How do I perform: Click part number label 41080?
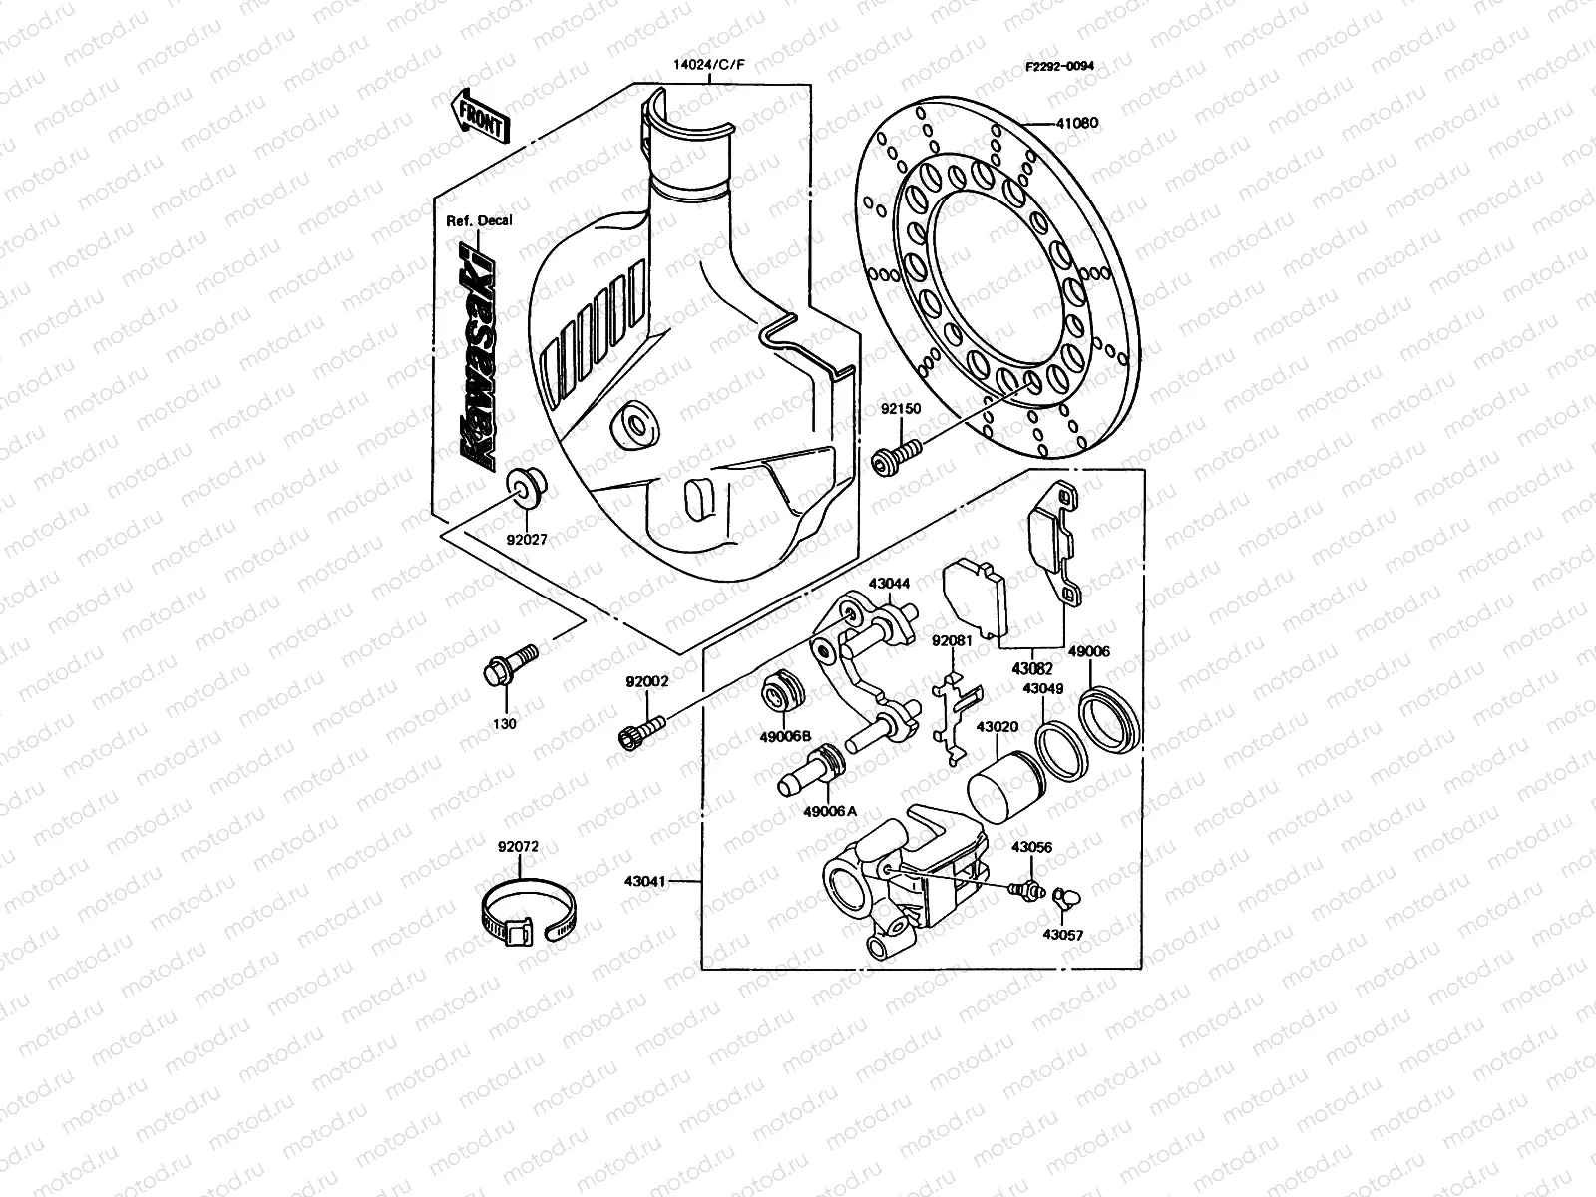(1076, 124)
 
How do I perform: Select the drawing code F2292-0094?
(1059, 66)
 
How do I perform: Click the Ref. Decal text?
(478, 220)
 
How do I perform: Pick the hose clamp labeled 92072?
(527, 911)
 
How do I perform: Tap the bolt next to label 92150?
(898, 456)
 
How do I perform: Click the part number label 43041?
(647, 881)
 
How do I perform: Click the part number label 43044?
(889, 583)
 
